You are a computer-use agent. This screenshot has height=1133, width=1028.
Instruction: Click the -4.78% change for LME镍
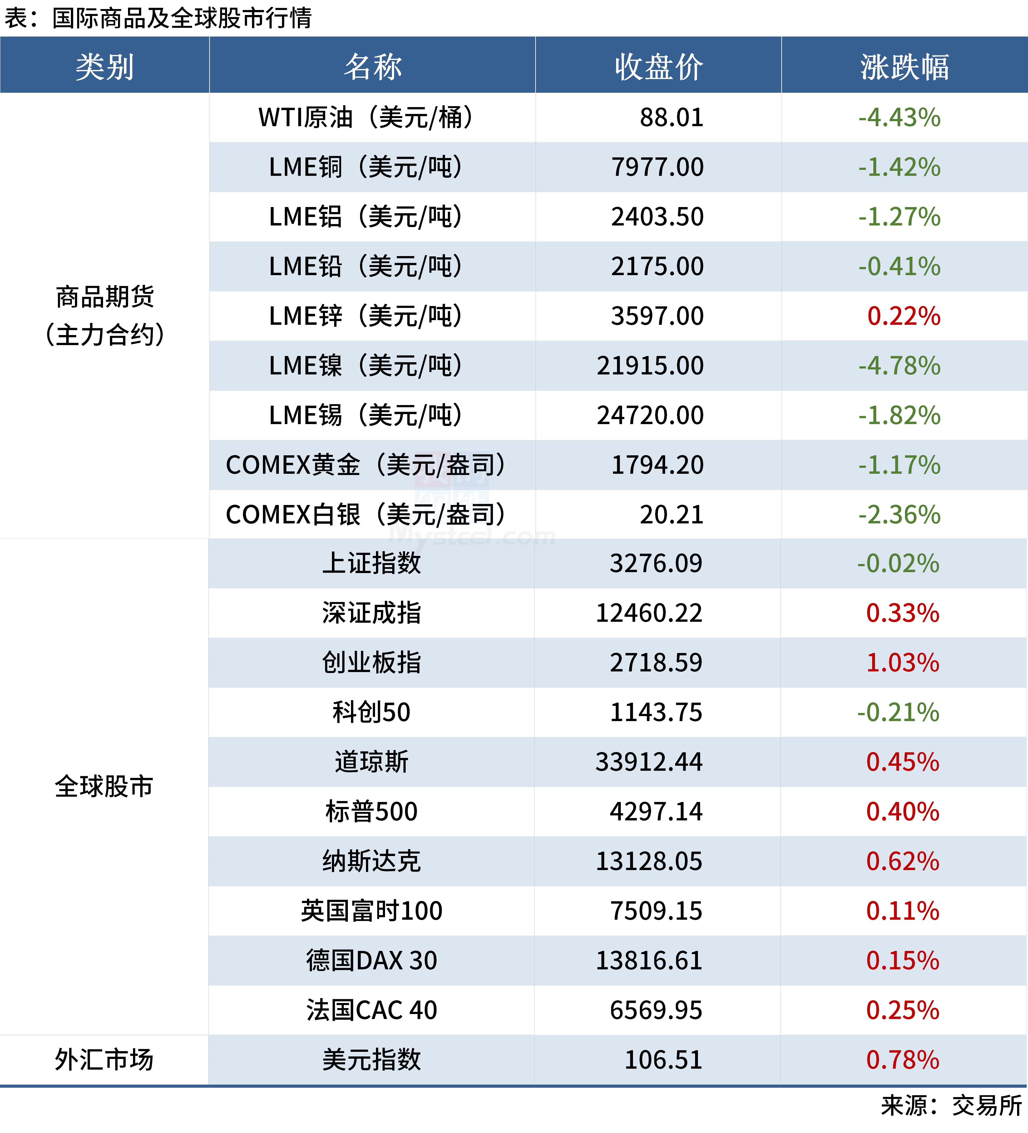click(x=899, y=366)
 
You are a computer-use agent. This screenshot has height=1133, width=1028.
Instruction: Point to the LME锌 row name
click(x=365, y=316)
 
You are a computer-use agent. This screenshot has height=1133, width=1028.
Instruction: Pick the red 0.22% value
click(x=903, y=316)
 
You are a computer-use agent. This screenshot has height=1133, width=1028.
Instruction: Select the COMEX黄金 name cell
click(x=365, y=465)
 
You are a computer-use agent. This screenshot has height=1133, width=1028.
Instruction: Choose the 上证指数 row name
click(x=371, y=563)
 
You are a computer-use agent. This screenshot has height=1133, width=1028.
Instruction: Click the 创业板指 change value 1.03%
click(x=902, y=663)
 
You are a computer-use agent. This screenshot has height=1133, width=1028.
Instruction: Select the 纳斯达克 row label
click(x=371, y=861)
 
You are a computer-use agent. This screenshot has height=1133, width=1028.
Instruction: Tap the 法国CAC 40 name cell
click(x=371, y=1010)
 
